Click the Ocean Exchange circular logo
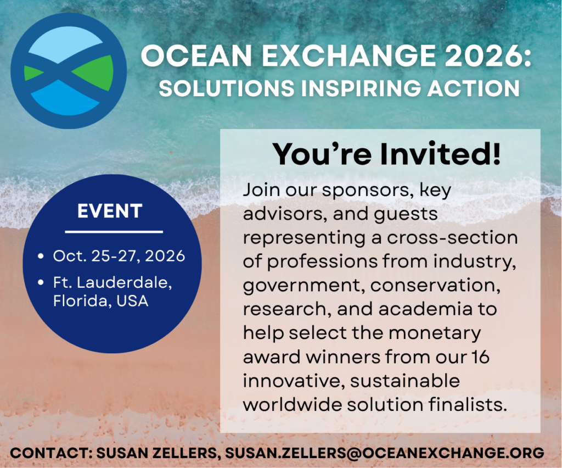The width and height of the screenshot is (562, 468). (x=69, y=71)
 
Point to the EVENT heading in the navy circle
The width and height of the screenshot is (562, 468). (x=110, y=211)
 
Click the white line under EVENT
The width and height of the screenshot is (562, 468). (x=114, y=232)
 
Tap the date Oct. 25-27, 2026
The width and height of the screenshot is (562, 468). (x=119, y=256)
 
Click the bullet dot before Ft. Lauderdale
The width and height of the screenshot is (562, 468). (x=41, y=283)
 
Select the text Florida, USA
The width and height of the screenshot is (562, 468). (x=101, y=300)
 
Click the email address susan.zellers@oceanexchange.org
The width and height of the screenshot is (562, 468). (x=385, y=453)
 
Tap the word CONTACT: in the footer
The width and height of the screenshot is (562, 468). (x=51, y=453)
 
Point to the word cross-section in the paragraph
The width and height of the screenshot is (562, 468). (x=452, y=238)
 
